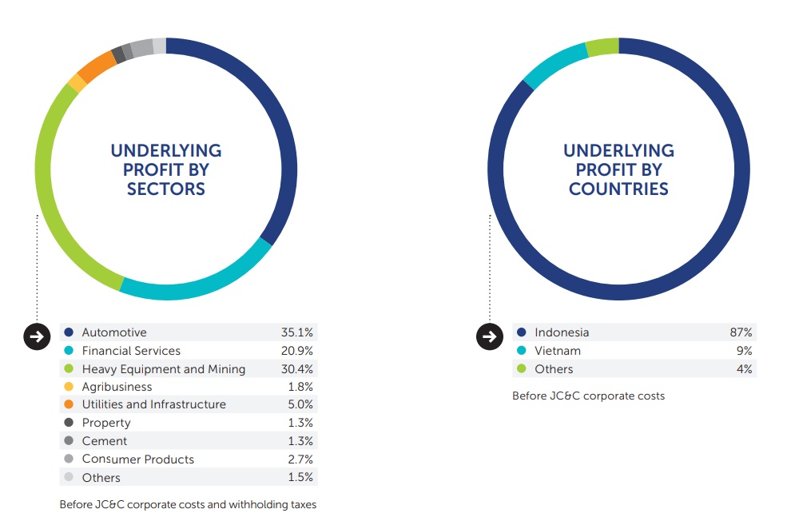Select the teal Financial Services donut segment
point(200,289)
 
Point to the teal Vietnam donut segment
point(552,63)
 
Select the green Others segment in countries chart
point(602,47)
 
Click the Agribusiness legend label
point(117,387)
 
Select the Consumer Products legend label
point(137,459)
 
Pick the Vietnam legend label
point(558,351)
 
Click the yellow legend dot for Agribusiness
point(69,387)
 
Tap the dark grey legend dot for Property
point(69,423)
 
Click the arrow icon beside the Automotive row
point(36,336)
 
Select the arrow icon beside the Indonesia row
point(489,336)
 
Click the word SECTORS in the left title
point(166,189)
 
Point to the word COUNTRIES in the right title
point(618,189)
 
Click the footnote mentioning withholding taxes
point(188,504)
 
